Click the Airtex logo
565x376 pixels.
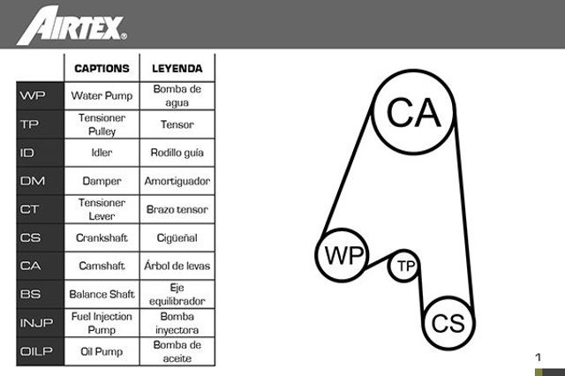pyautogui.click(x=72, y=26)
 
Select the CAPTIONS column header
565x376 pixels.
pyautogui.click(x=102, y=69)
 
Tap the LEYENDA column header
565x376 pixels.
pyautogui.click(x=177, y=69)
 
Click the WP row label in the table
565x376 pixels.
pyautogui.click(x=33, y=95)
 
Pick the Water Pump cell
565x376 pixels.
pyautogui.click(x=102, y=96)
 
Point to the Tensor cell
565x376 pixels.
pyautogui.click(x=177, y=124)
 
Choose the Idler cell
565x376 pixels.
pyautogui.click(x=102, y=153)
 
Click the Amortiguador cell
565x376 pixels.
pyautogui.click(x=177, y=181)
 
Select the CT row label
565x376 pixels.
pyautogui.click(x=29, y=209)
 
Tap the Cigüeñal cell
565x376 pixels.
pyautogui.click(x=177, y=237)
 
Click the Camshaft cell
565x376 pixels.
pyautogui.click(x=102, y=266)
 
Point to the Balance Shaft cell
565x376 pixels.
pyautogui.click(x=102, y=294)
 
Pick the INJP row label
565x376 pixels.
pyautogui.click(x=36, y=323)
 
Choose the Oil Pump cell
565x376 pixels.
pyautogui.click(x=102, y=351)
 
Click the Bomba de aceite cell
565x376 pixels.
pyautogui.click(x=177, y=351)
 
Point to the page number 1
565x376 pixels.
pyautogui.click(x=539, y=357)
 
